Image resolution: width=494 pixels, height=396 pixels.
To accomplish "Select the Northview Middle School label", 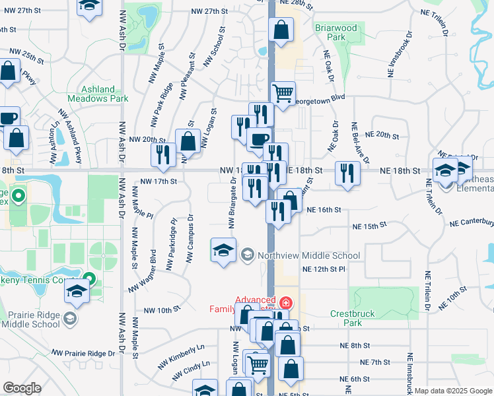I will pos(309,255).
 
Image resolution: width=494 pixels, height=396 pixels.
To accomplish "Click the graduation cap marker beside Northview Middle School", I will pos(223,250).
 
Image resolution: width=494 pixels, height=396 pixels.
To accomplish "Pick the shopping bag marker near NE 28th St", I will pos(281,30).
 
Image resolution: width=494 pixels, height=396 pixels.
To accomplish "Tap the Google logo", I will pos(22,388).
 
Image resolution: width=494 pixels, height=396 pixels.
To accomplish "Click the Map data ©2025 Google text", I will pos(454,391).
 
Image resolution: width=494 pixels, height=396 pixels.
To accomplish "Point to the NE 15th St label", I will pos(369,226).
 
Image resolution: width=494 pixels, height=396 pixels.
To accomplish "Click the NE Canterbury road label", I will pos(472,224).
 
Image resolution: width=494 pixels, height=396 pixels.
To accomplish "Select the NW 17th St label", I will pos(159,181).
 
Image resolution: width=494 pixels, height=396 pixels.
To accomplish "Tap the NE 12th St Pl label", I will pos(333,269).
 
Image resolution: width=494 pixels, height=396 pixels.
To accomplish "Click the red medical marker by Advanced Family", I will pos(285,304).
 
